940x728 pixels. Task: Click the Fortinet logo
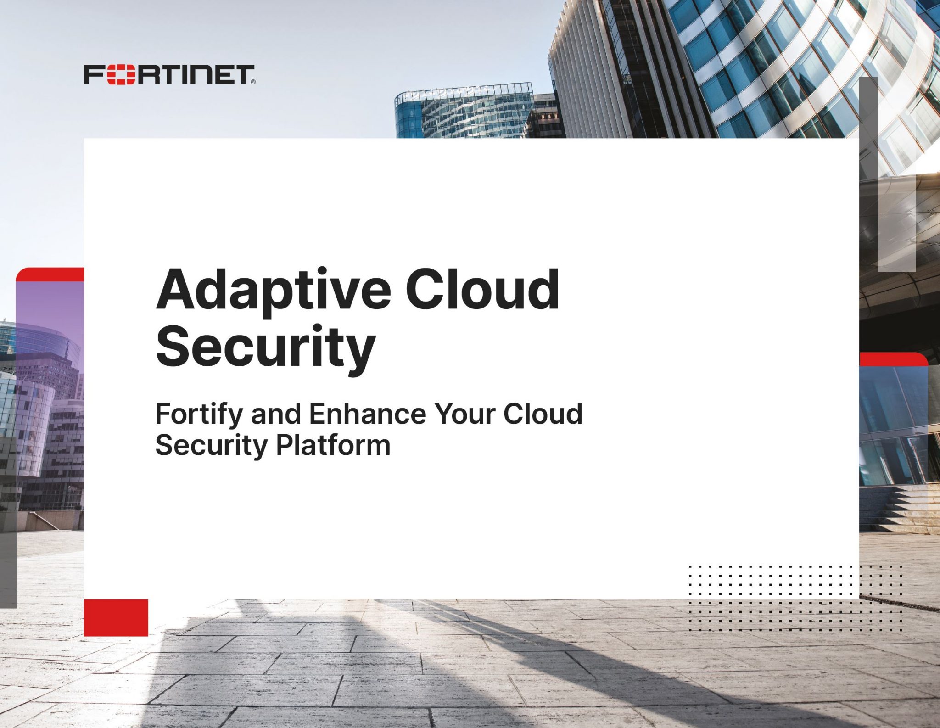[x=169, y=75]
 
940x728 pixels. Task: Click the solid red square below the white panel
[x=116, y=617]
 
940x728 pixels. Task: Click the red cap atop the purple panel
[x=50, y=274]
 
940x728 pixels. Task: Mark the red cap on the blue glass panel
[x=893, y=359]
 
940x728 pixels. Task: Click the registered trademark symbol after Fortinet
[x=253, y=83]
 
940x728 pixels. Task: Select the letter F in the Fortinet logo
[x=93, y=75]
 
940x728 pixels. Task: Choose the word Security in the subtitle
[x=211, y=445]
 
